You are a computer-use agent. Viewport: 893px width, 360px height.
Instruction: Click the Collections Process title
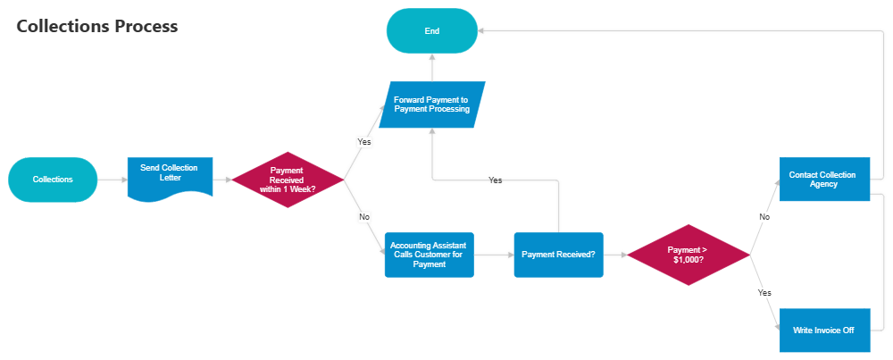97,27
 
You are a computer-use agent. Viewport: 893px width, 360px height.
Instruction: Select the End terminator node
431,30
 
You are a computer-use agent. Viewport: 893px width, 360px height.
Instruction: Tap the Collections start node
53,180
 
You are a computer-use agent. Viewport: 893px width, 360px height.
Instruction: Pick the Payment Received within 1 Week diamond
288,180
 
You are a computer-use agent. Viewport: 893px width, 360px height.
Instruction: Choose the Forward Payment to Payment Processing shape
431,104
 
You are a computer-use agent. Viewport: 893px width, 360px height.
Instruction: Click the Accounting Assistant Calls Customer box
429,255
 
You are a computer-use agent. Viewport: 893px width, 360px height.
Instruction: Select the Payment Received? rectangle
558,255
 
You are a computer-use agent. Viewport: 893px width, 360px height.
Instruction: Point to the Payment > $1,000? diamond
688,255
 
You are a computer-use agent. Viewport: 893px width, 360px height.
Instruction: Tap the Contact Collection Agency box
824,180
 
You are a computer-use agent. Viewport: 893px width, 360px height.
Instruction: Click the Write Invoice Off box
824,330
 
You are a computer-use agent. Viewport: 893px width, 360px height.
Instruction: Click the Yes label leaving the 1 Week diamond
363,142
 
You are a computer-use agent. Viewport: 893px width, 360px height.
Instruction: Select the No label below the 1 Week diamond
363,217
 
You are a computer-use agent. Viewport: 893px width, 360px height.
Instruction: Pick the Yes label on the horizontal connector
496,180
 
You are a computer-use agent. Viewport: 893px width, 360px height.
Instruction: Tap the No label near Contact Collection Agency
764,217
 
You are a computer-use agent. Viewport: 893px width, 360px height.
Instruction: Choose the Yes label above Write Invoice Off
764,292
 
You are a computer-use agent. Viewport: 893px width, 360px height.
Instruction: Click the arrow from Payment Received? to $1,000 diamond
614,255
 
